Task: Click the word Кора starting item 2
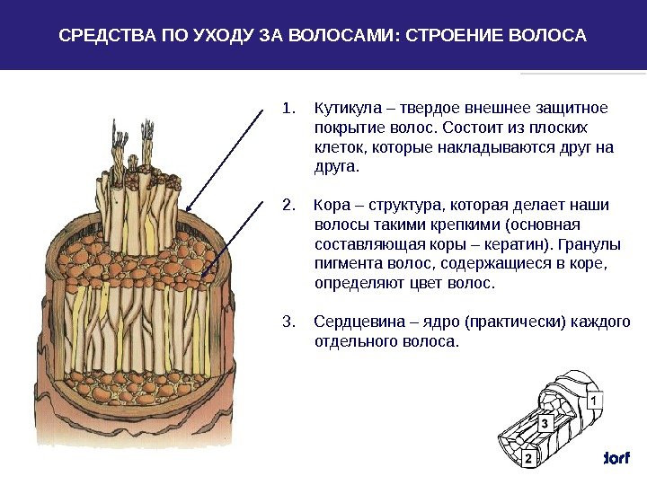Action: [332, 205]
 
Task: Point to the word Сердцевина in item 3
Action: [355, 322]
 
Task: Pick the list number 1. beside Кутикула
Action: [288, 110]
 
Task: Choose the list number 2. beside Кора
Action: [288, 205]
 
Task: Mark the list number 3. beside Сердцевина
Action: [288, 322]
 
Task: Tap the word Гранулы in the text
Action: [586, 244]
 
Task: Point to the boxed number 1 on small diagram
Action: [597, 398]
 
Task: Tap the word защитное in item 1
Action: [572, 110]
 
